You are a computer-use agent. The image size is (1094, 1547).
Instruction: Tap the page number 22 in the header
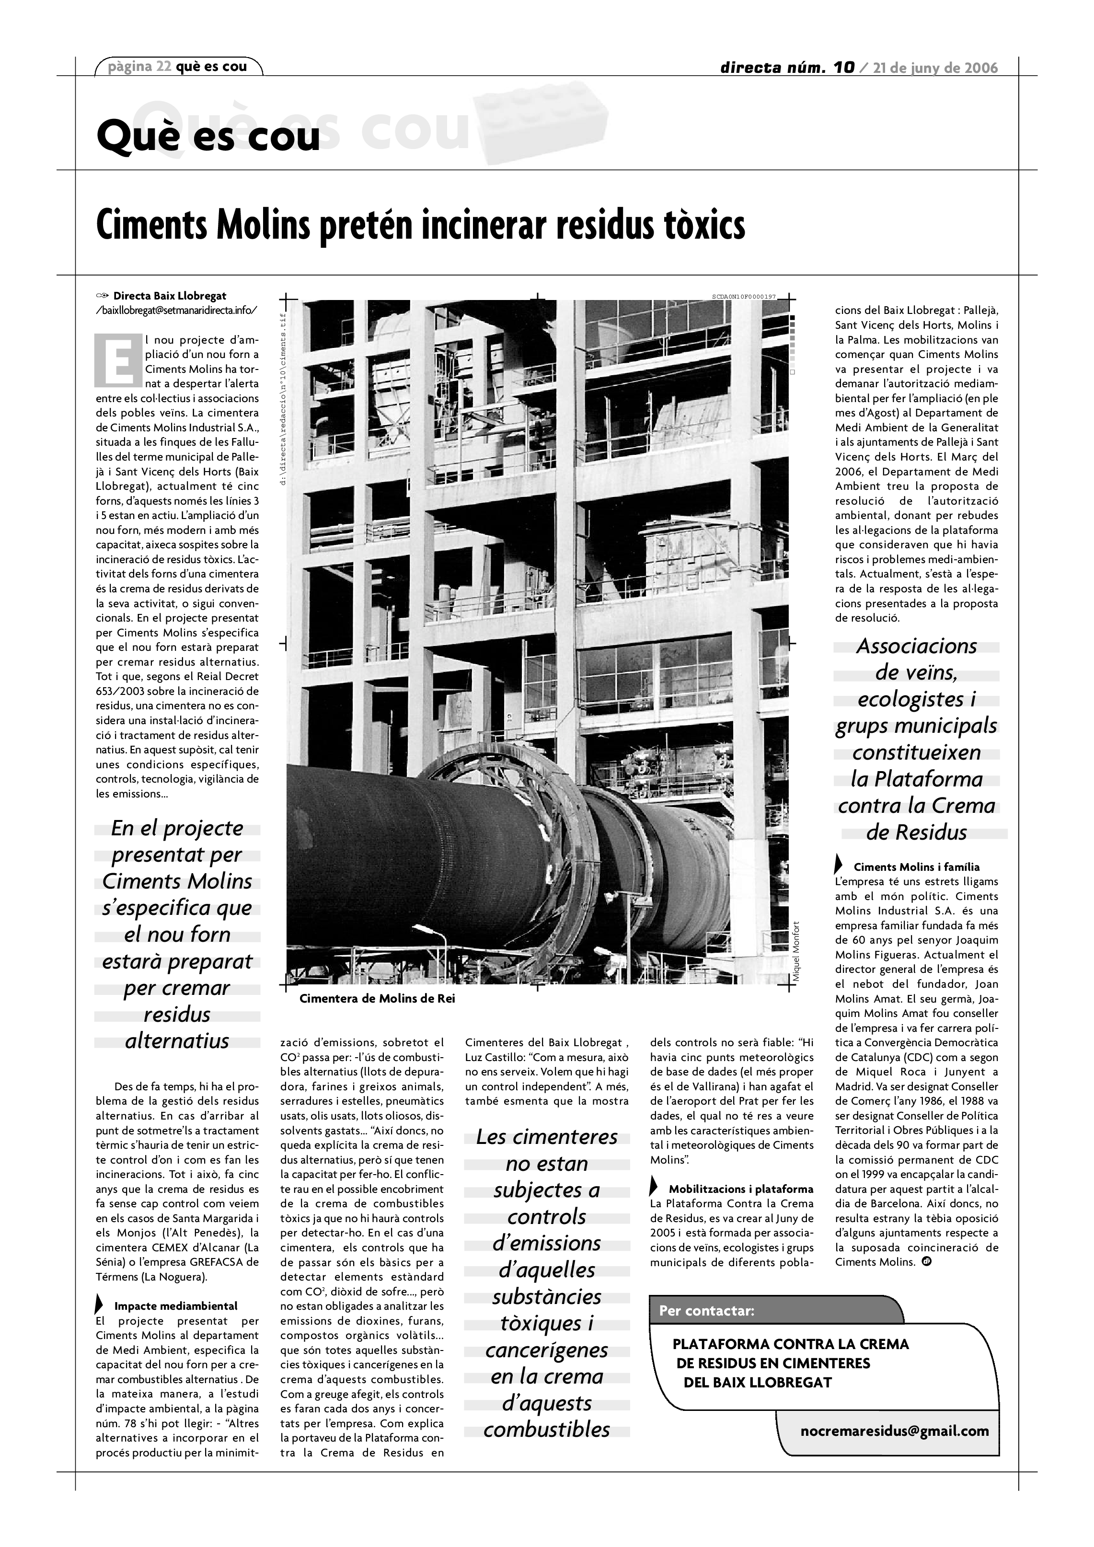164,67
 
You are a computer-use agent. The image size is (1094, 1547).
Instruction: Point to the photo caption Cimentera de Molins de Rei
377,999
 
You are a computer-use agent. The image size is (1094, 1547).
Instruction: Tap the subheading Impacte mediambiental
176,1306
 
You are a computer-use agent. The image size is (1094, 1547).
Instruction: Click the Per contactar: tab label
707,1311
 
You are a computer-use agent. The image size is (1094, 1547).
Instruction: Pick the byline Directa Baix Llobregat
169,296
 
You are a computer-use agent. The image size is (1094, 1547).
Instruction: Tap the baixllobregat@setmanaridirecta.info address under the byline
176,310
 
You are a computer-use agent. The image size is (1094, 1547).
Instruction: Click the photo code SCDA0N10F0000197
744,297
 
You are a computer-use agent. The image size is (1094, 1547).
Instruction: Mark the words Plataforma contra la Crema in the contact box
791,1344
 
